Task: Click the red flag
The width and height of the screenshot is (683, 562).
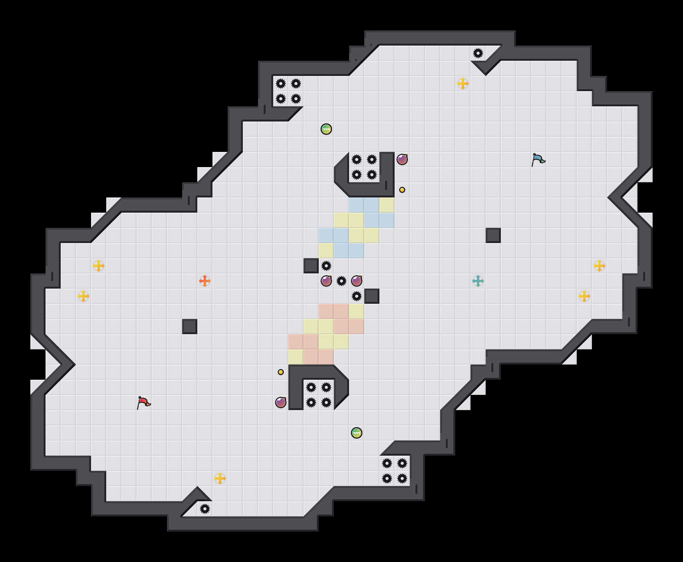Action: click(x=143, y=403)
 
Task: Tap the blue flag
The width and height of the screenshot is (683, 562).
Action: click(x=538, y=159)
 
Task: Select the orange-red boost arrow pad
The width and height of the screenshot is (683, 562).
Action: click(x=205, y=281)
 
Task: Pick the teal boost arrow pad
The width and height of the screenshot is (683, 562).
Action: click(x=478, y=281)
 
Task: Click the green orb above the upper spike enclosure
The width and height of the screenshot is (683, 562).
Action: click(x=326, y=129)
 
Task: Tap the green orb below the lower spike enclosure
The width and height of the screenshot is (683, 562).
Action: click(x=357, y=433)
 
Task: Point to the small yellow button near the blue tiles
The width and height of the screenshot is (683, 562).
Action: click(x=402, y=190)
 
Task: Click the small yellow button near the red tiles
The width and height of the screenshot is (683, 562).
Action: click(x=281, y=372)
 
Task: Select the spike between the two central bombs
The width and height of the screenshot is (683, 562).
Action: click(x=341, y=281)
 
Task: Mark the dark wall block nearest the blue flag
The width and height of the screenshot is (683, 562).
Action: click(x=493, y=235)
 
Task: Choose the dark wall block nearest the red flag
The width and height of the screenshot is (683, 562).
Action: click(x=190, y=327)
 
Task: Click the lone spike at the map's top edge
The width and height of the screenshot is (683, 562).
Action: click(x=478, y=53)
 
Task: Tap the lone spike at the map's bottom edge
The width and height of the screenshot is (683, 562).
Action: click(x=205, y=509)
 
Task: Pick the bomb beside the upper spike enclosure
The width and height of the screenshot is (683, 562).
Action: click(x=402, y=159)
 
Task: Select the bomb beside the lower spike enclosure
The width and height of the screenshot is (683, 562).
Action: click(x=281, y=403)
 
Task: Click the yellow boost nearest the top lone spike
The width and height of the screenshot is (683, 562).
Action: click(x=463, y=84)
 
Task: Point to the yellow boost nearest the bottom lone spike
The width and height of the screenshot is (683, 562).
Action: click(x=220, y=478)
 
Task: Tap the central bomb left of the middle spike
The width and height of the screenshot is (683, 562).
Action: click(x=326, y=281)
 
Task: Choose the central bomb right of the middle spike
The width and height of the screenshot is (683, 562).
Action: click(x=357, y=281)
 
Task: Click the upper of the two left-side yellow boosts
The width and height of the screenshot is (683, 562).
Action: click(x=99, y=266)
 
